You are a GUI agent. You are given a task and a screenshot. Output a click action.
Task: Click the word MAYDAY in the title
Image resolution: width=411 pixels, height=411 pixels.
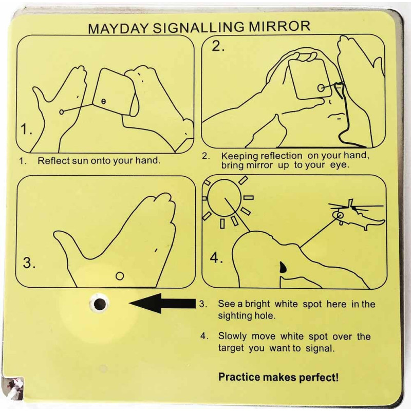[x=119, y=28]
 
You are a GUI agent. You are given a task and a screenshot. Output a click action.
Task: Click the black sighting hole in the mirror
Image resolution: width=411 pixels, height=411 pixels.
[x=100, y=304]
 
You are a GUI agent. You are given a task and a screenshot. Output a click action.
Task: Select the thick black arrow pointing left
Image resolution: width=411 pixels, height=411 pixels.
[x=162, y=303]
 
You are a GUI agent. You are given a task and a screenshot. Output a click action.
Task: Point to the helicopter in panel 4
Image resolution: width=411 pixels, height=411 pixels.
[x=357, y=215]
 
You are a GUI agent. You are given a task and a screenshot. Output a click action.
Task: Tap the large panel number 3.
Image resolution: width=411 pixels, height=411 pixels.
[x=29, y=263]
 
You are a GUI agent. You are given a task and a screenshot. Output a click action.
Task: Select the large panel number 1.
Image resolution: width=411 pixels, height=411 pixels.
[x=26, y=129]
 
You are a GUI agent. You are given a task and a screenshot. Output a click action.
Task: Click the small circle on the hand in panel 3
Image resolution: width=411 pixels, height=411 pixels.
[x=120, y=276]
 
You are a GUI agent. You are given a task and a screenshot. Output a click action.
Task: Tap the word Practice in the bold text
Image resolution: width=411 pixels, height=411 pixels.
[x=239, y=377]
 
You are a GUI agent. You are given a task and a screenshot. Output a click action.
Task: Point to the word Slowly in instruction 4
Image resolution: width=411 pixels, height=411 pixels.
[x=233, y=337]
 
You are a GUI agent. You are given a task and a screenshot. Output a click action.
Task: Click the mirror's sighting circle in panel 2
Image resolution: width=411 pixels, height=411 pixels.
[x=321, y=87]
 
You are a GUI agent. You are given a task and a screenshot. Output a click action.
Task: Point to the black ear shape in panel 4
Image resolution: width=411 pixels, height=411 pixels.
[x=283, y=267]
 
